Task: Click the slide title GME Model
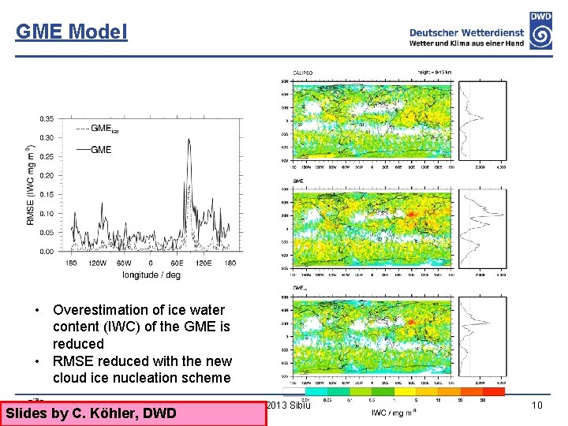(x=71, y=32)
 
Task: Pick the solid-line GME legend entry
(x=95, y=149)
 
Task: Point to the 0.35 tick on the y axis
(x=48, y=119)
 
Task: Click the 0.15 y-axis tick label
(x=48, y=195)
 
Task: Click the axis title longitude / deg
(x=151, y=275)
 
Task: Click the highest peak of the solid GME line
(x=188, y=140)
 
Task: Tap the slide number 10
(x=537, y=405)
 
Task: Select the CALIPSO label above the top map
(x=304, y=72)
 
